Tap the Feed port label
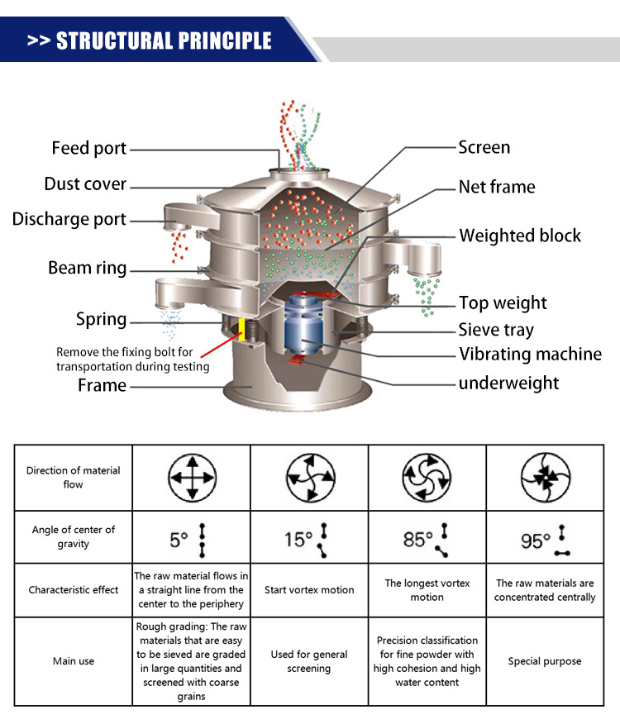88,148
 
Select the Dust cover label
85,183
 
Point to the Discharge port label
69,219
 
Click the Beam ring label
87,268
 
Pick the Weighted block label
520,236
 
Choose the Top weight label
503,302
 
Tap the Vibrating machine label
530,355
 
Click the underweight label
508,383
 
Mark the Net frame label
497,187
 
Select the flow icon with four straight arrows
192,477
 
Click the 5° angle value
179,541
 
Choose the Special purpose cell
545,661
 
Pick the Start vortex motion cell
309,590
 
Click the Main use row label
74,661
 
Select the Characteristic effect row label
74,590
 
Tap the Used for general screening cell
309,661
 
